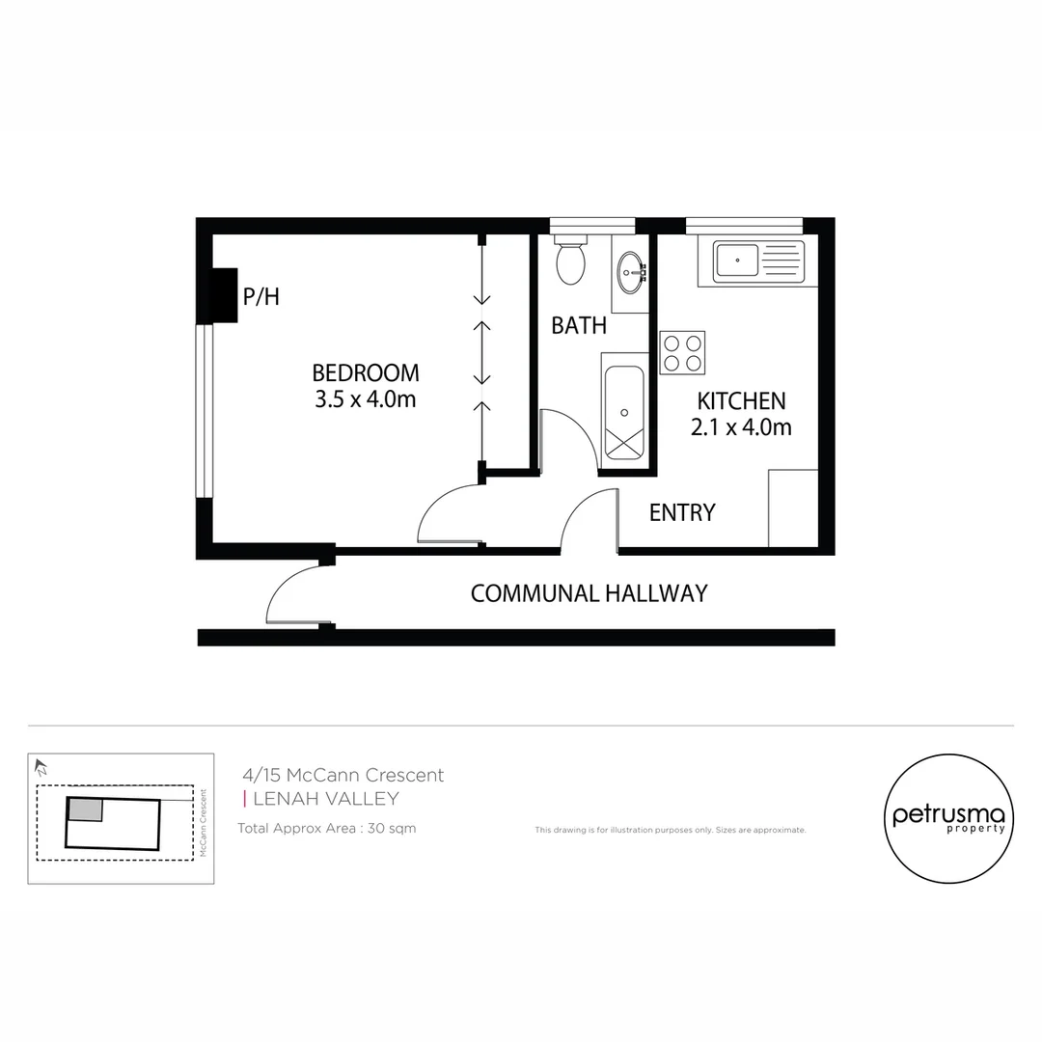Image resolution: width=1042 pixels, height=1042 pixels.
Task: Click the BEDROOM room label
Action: [x=366, y=372]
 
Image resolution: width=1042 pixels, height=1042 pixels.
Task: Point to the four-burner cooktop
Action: [x=682, y=352]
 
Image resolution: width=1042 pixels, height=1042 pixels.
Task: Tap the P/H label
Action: [x=260, y=297]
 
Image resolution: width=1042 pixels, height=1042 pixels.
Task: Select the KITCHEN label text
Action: [x=741, y=400]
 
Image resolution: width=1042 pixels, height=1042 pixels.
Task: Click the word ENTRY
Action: [x=682, y=513]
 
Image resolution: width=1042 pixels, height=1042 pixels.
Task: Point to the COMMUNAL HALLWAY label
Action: [x=589, y=593]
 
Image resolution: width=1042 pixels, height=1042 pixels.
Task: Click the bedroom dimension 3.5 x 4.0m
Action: [x=366, y=399]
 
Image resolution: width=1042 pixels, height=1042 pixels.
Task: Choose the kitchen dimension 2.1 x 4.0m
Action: [x=741, y=427]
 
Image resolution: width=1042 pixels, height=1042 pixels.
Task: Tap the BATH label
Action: [x=579, y=326]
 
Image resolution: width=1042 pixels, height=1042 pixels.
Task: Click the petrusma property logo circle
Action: [x=949, y=819]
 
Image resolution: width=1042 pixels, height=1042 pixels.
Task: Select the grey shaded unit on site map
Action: [x=85, y=809]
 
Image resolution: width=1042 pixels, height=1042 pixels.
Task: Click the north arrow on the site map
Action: [x=41, y=768]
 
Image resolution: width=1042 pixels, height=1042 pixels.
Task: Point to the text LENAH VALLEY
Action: [x=325, y=799]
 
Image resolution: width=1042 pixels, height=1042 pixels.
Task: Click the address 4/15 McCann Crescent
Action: [x=343, y=775]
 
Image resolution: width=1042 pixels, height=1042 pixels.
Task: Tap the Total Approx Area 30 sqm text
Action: [x=326, y=829]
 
